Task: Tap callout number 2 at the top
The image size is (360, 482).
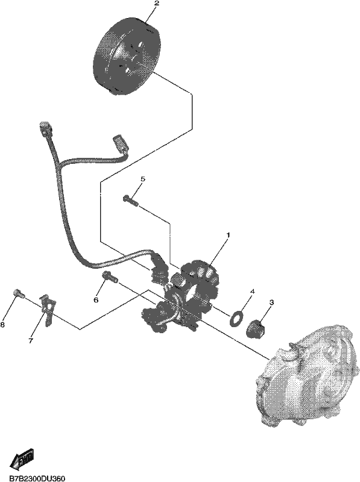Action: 157,4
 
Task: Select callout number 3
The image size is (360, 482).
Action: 271,302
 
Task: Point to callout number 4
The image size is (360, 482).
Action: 252,291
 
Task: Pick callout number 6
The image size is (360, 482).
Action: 96,299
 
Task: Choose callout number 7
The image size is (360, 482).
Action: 31,340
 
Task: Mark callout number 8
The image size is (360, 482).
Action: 2,325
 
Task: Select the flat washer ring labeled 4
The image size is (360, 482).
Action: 236,318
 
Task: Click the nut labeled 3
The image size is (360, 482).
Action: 256,328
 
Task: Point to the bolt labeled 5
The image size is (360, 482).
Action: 131,200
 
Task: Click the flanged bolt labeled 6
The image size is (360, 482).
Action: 110,276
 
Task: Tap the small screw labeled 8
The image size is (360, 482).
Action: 19,293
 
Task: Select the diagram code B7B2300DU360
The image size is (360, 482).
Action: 37,478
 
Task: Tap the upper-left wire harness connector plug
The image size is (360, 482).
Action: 45,129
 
